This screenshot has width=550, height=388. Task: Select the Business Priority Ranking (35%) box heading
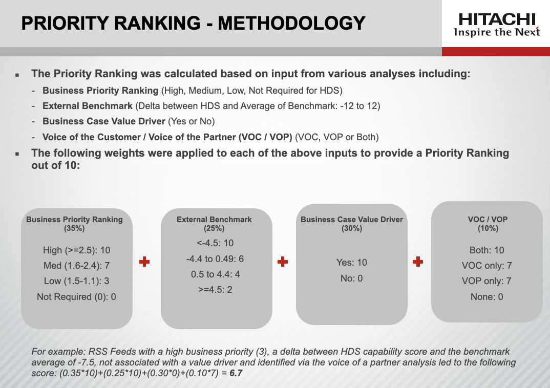[x=74, y=224]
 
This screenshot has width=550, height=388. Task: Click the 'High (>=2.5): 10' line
[x=77, y=250]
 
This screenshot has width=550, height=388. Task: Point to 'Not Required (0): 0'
[x=76, y=296]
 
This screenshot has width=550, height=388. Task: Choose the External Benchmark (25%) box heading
[x=214, y=224]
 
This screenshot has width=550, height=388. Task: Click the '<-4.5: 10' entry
[x=214, y=243]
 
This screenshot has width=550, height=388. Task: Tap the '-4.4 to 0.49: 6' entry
[x=214, y=259]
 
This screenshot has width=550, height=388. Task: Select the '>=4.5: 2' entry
[x=214, y=290]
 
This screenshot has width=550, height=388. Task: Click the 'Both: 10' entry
[x=486, y=250]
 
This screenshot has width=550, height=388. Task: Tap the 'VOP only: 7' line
[x=486, y=281]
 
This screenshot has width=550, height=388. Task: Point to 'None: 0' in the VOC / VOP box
[x=486, y=296]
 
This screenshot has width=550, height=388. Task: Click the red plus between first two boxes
[x=144, y=262]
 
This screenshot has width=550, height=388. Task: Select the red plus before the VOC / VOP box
[x=418, y=262]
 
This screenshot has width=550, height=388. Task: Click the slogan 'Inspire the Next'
[x=497, y=32]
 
